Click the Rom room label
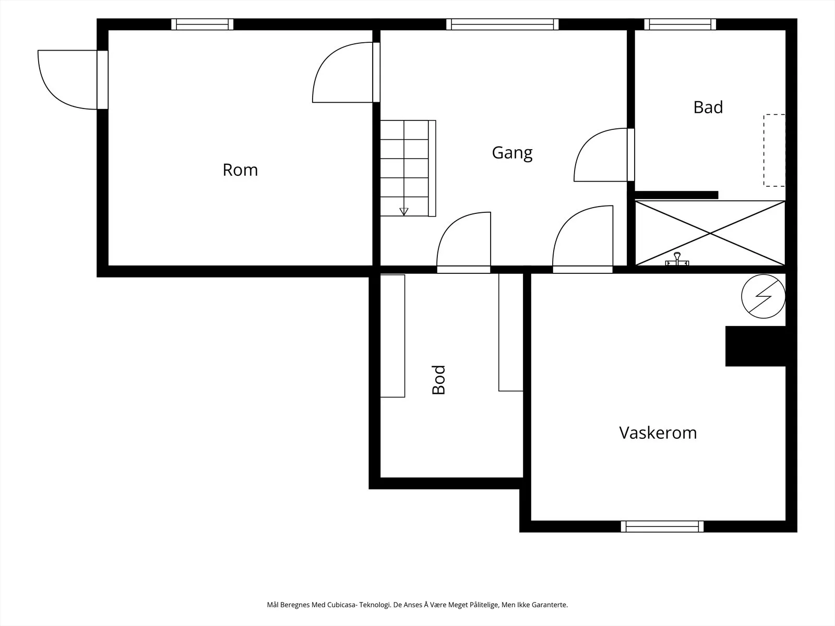pos(240,170)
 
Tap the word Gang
pos(512,153)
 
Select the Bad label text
pos(708,107)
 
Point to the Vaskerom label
pos(658,432)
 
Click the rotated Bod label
pos(438,380)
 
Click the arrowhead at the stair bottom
pos(403,212)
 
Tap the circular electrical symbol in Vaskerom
pos(763,296)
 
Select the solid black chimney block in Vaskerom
pos(756,346)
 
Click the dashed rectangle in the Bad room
pos(774,150)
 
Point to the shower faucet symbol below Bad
pos(677,259)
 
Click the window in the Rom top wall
pos(202,25)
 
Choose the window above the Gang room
pos(502,25)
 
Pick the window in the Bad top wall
pos(680,25)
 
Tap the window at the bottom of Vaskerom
pos(662,526)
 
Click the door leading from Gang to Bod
pos(464,242)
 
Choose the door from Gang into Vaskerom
pos(583,239)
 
